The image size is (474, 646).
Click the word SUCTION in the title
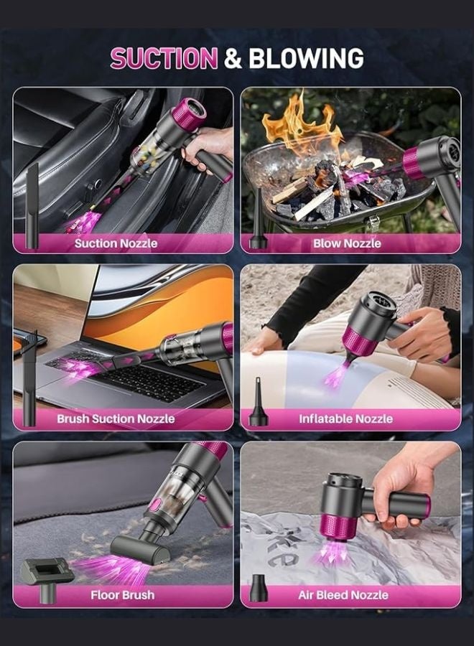[x=163, y=58]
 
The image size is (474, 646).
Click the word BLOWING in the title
[x=305, y=58]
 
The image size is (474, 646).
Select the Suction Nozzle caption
[x=116, y=243]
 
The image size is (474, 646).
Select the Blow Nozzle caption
[x=346, y=243]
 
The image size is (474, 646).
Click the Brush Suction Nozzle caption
[x=116, y=418]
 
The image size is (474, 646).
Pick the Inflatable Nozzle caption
[x=346, y=418]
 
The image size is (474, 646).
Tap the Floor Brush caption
[x=122, y=595]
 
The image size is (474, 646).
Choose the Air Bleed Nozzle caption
[x=343, y=595]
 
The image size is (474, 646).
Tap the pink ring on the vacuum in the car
[x=188, y=115]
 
